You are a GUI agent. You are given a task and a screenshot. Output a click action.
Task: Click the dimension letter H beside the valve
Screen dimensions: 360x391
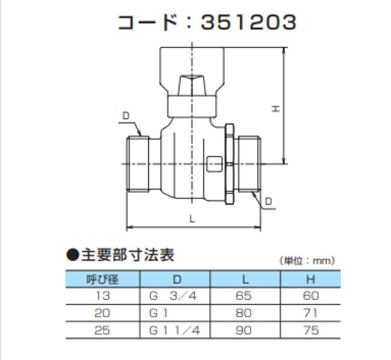tap(276, 111)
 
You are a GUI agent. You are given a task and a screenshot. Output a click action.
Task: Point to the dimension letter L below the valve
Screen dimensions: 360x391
tap(192, 219)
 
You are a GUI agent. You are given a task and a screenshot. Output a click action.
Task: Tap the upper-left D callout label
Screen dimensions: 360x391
tap(126, 115)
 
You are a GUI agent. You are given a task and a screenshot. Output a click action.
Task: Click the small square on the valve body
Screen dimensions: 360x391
tap(213, 164)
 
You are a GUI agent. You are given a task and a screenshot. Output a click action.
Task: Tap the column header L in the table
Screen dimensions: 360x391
tap(244, 280)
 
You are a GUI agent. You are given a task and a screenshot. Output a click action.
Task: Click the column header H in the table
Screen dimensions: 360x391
tap(311, 280)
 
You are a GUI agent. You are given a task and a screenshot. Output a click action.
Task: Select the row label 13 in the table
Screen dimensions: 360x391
tap(102, 296)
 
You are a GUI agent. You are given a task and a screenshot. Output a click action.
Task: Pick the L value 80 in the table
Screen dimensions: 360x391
tap(244, 313)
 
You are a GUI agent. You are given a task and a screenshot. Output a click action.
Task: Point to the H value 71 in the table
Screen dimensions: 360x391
tap(311, 313)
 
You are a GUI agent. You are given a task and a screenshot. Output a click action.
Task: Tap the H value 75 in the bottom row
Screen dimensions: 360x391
tap(311, 330)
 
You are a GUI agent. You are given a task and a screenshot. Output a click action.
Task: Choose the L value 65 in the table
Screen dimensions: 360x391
tap(244, 296)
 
